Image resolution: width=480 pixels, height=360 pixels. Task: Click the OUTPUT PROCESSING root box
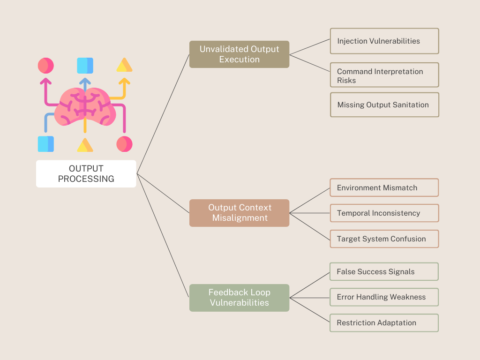click(x=86, y=174)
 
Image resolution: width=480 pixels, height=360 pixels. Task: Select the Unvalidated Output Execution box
click(x=239, y=54)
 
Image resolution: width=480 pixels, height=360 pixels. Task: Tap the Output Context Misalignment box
click(x=239, y=213)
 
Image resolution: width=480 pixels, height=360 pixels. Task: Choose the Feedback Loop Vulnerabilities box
click(x=239, y=298)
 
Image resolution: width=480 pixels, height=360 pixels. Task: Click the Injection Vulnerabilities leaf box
click(x=384, y=41)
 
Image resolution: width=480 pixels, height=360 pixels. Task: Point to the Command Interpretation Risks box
click(x=384, y=75)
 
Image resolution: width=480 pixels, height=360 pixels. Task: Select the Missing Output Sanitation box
click(x=384, y=105)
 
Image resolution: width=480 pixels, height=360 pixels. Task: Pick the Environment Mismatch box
click(x=384, y=187)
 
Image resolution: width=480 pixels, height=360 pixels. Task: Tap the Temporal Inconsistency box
click(x=384, y=213)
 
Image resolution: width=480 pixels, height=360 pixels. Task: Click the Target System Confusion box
click(x=384, y=239)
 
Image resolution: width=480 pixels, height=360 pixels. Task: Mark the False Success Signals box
click(x=384, y=272)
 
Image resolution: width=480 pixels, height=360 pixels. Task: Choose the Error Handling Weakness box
click(x=384, y=297)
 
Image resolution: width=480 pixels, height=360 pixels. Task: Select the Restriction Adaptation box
click(x=384, y=323)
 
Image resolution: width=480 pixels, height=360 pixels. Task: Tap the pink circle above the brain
click(x=45, y=66)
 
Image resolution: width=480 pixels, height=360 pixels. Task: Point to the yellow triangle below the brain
click(x=85, y=145)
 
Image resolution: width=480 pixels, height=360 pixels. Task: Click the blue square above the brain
click(x=85, y=66)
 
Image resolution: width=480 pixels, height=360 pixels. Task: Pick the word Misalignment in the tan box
click(x=240, y=218)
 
